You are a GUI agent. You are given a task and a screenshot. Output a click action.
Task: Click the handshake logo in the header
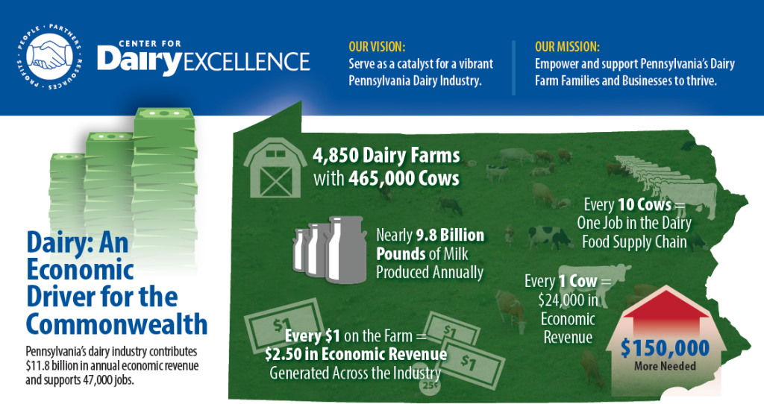point(48,57)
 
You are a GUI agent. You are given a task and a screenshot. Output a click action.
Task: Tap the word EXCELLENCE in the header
point(246,61)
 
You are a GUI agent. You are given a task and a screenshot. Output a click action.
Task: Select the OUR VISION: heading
point(377,47)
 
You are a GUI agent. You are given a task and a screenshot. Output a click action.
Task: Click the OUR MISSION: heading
point(567,47)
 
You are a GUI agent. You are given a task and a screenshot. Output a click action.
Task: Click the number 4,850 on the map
point(336,156)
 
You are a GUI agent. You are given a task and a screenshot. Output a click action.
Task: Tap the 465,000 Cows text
point(404,179)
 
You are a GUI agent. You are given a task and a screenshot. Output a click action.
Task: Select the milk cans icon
point(329,249)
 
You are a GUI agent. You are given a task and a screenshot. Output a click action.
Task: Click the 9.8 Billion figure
point(450,235)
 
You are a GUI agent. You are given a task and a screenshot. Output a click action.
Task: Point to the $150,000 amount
point(665,348)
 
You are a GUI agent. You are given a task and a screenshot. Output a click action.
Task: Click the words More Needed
point(665,366)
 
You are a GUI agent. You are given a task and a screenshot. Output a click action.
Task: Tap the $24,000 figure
point(568,300)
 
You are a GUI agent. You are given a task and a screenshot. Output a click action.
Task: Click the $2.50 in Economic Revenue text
point(356,354)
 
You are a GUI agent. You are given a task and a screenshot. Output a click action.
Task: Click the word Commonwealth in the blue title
point(117,323)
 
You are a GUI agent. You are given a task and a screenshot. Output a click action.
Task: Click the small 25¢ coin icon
point(430,385)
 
